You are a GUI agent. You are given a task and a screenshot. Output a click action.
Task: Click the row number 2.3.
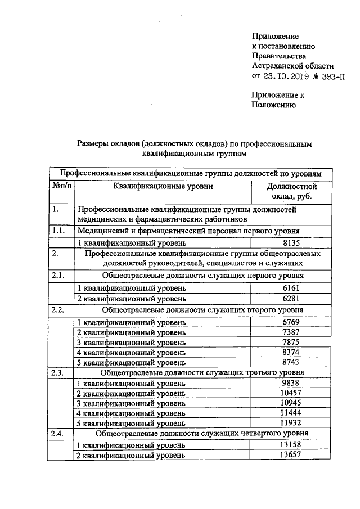(58, 373)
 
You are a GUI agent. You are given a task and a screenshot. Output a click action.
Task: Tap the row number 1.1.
(58, 231)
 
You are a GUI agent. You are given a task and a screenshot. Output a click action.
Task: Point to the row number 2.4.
(58, 434)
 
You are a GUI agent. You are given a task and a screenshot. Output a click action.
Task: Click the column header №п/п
(61, 186)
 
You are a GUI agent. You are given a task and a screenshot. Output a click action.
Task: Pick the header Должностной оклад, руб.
(292, 191)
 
